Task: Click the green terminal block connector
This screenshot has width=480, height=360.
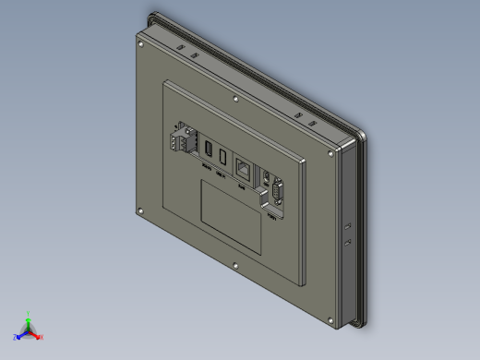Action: [x=182, y=141]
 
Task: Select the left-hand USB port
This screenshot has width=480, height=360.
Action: [x=209, y=151]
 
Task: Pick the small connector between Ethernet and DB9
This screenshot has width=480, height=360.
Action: [x=264, y=177]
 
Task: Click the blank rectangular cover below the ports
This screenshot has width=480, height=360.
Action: [x=233, y=216]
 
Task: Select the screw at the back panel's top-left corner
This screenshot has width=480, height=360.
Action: [x=139, y=42]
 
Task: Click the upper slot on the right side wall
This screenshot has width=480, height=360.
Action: [x=348, y=224]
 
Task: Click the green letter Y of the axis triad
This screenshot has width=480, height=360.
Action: [x=29, y=313]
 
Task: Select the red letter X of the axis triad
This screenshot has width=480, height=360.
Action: [x=42, y=338]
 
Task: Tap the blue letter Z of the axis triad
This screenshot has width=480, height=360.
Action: [x=15, y=338]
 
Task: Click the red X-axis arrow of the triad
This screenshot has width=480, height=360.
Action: [x=35, y=333]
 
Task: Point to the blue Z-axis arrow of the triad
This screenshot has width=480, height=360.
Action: [x=22, y=333]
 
